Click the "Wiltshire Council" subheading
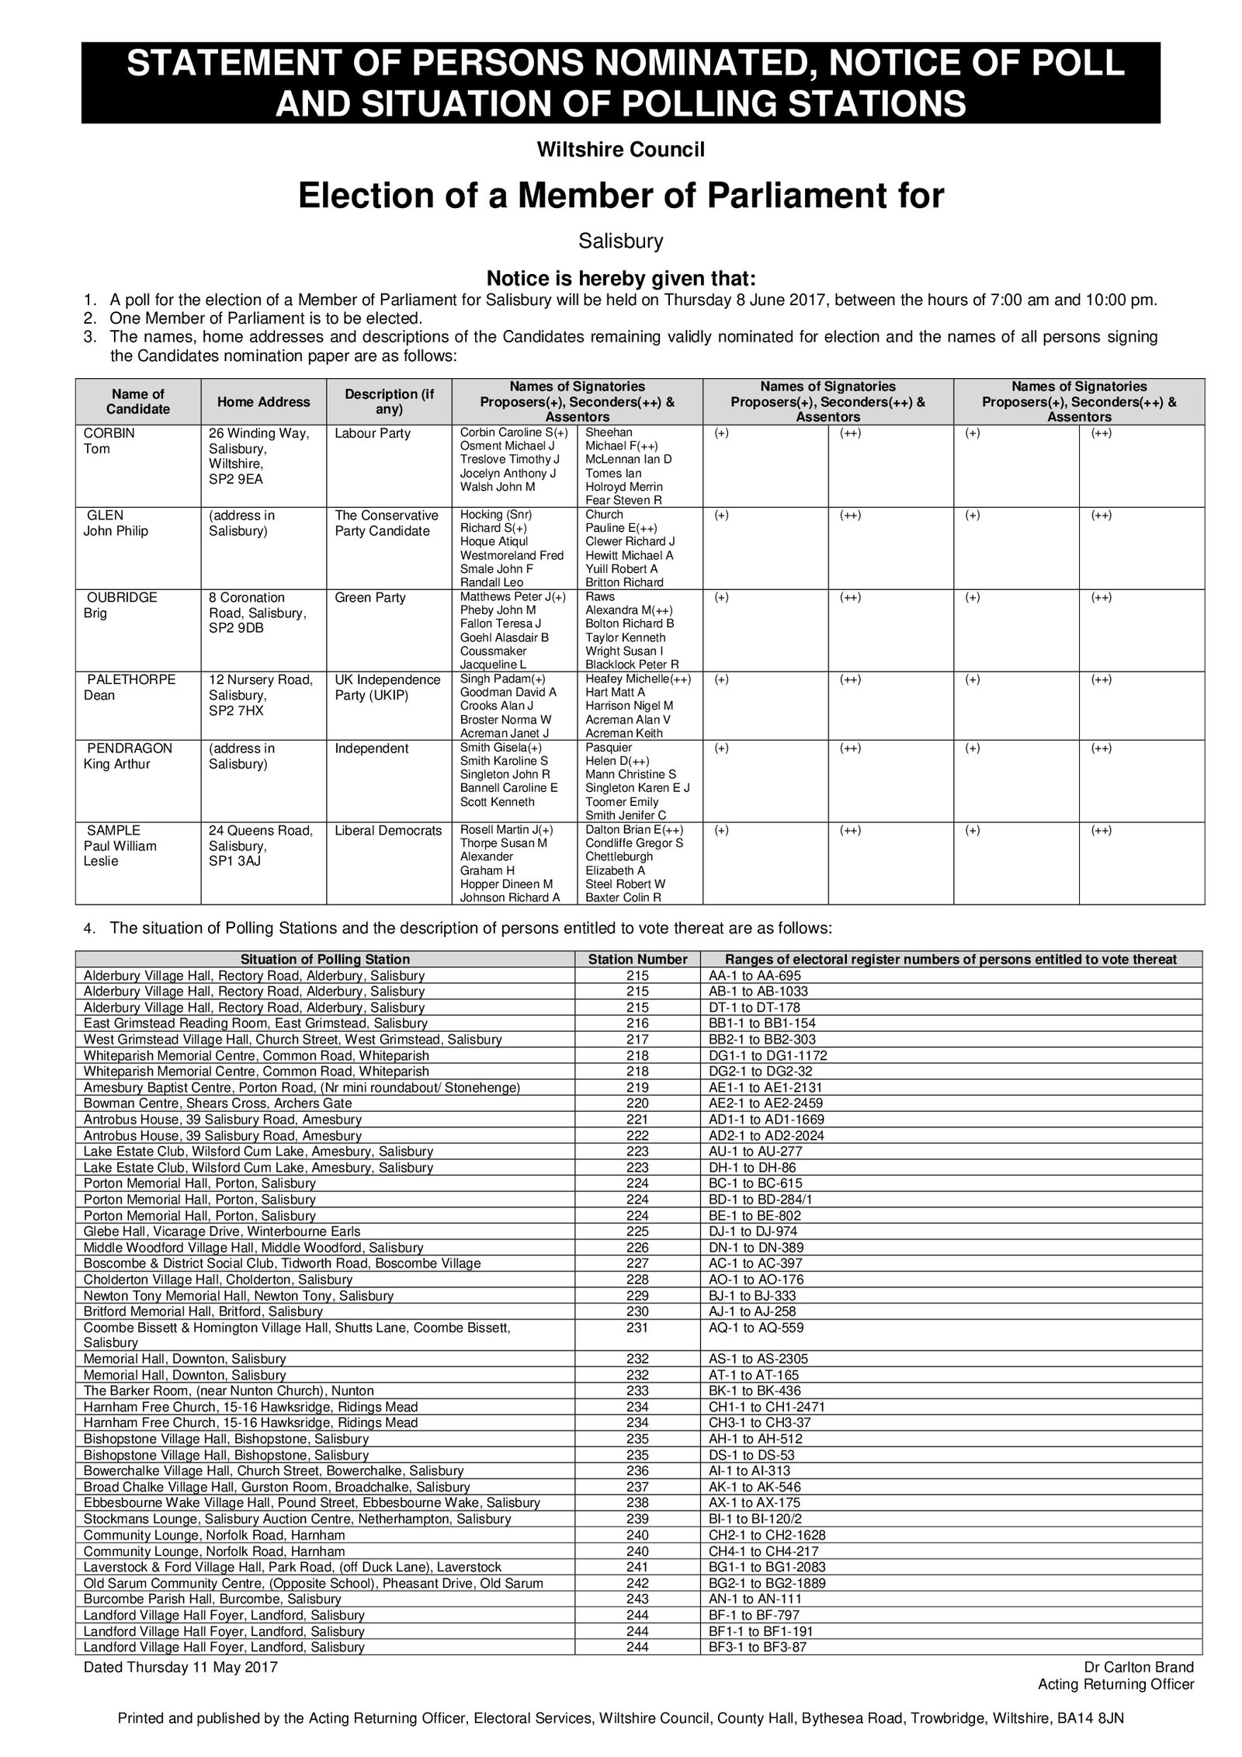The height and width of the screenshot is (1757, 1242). pyautogui.click(x=620, y=150)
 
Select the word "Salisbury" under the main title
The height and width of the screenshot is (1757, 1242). pyautogui.click(x=620, y=241)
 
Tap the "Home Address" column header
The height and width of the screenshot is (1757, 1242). pyautogui.click(x=263, y=401)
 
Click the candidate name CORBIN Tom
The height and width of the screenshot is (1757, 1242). pyautogui.click(x=109, y=441)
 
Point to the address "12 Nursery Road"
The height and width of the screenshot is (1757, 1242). pyautogui.click(x=261, y=679)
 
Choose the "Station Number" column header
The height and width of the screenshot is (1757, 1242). pyautogui.click(x=637, y=959)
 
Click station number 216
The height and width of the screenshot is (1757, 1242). pyautogui.click(x=637, y=1023)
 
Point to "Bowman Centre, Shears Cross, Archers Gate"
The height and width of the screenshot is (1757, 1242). pyautogui.click(x=217, y=1103)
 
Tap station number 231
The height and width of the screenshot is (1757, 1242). pyautogui.click(x=637, y=1328)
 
